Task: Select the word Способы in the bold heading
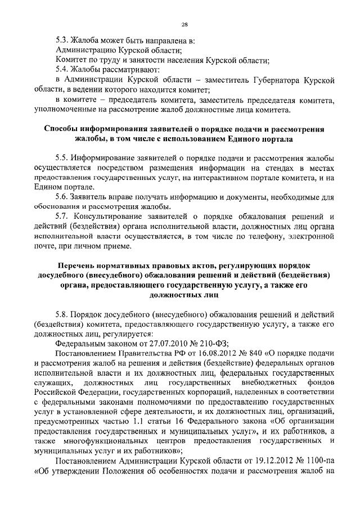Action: pos(66,129)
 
